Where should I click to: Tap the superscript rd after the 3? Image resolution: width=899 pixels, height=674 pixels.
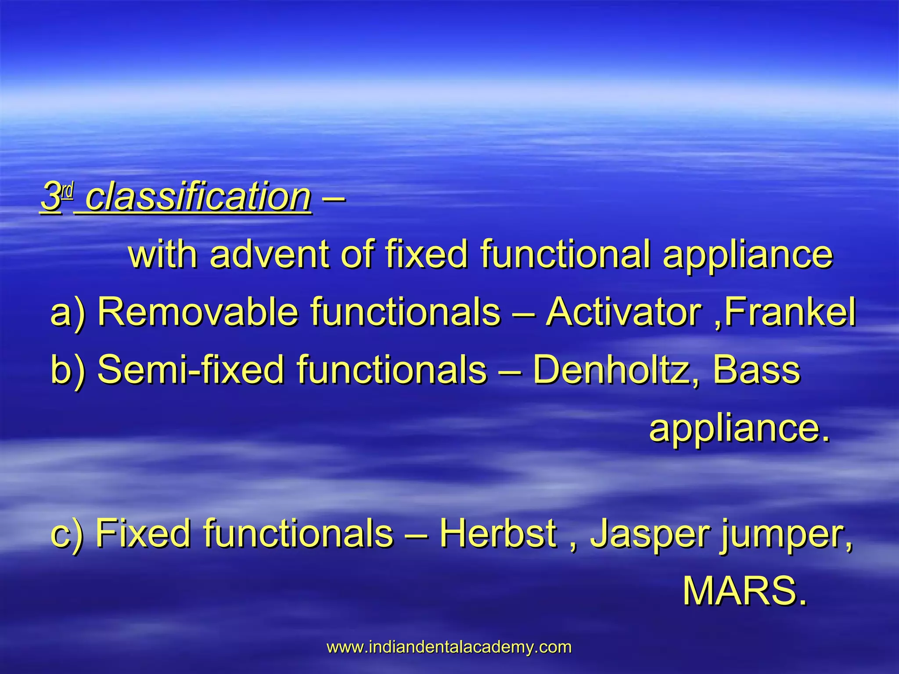(x=67, y=192)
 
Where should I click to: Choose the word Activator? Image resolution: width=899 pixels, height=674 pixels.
(x=623, y=312)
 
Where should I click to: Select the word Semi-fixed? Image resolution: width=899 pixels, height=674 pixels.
(x=191, y=370)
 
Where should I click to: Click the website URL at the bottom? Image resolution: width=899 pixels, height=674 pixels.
(x=449, y=647)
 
